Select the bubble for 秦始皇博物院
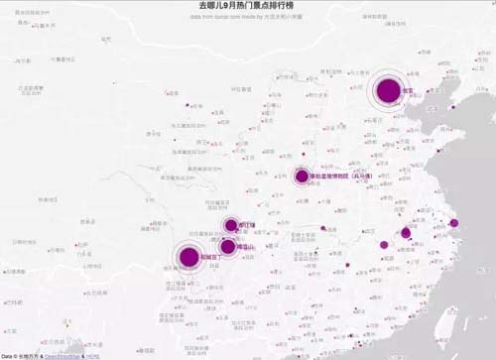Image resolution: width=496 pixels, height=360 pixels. pos(302,177)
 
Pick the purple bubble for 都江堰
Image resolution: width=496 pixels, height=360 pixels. pos(231,225)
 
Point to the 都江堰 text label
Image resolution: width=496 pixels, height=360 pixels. pos(247,225)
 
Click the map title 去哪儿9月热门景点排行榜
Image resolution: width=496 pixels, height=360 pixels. pos(247,7)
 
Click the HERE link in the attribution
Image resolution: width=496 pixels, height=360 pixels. pos(91,354)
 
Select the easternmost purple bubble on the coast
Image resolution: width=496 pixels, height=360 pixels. pos(454,223)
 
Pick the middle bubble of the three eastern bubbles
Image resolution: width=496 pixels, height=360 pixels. pos(406,233)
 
